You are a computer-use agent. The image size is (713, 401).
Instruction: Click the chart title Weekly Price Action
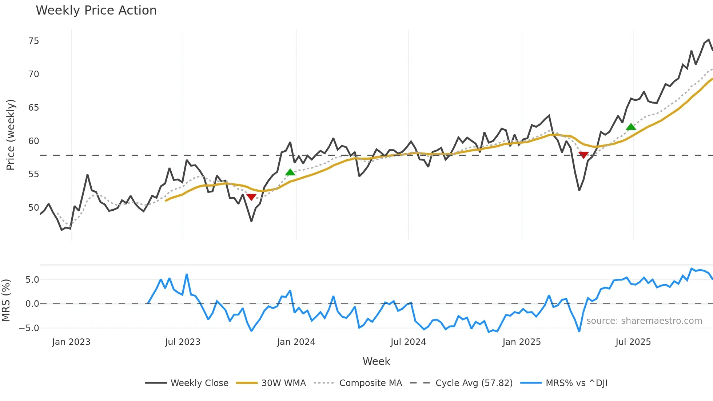(x=96, y=11)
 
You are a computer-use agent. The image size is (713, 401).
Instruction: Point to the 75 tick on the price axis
(x=33, y=41)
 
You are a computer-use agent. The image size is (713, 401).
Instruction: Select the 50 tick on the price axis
(x=33, y=208)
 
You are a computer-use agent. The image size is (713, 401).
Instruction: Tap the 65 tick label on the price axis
(x=33, y=108)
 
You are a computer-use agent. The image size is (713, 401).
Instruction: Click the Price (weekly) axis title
(x=11, y=135)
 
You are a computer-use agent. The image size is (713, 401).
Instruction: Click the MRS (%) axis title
(x=6, y=300)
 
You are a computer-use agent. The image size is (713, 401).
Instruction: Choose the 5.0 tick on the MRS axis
(x=32, y=280)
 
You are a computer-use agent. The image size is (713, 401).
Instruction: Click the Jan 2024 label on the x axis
(x=296, y=342)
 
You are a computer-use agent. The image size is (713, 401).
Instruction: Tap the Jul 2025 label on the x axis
(x=633, y=342)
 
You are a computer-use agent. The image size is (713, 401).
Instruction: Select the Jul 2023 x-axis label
(x=183, y=342)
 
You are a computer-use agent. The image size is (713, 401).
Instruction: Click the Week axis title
(x=376, y=361)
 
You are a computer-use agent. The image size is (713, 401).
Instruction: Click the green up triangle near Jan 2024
(x=290, y=172)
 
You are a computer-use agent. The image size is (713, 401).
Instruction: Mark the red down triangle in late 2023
(x=251, y=197)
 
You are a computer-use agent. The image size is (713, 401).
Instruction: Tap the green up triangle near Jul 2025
(x=631, y=127)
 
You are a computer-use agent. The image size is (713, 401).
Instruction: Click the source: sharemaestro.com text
(x=644, y=321)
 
